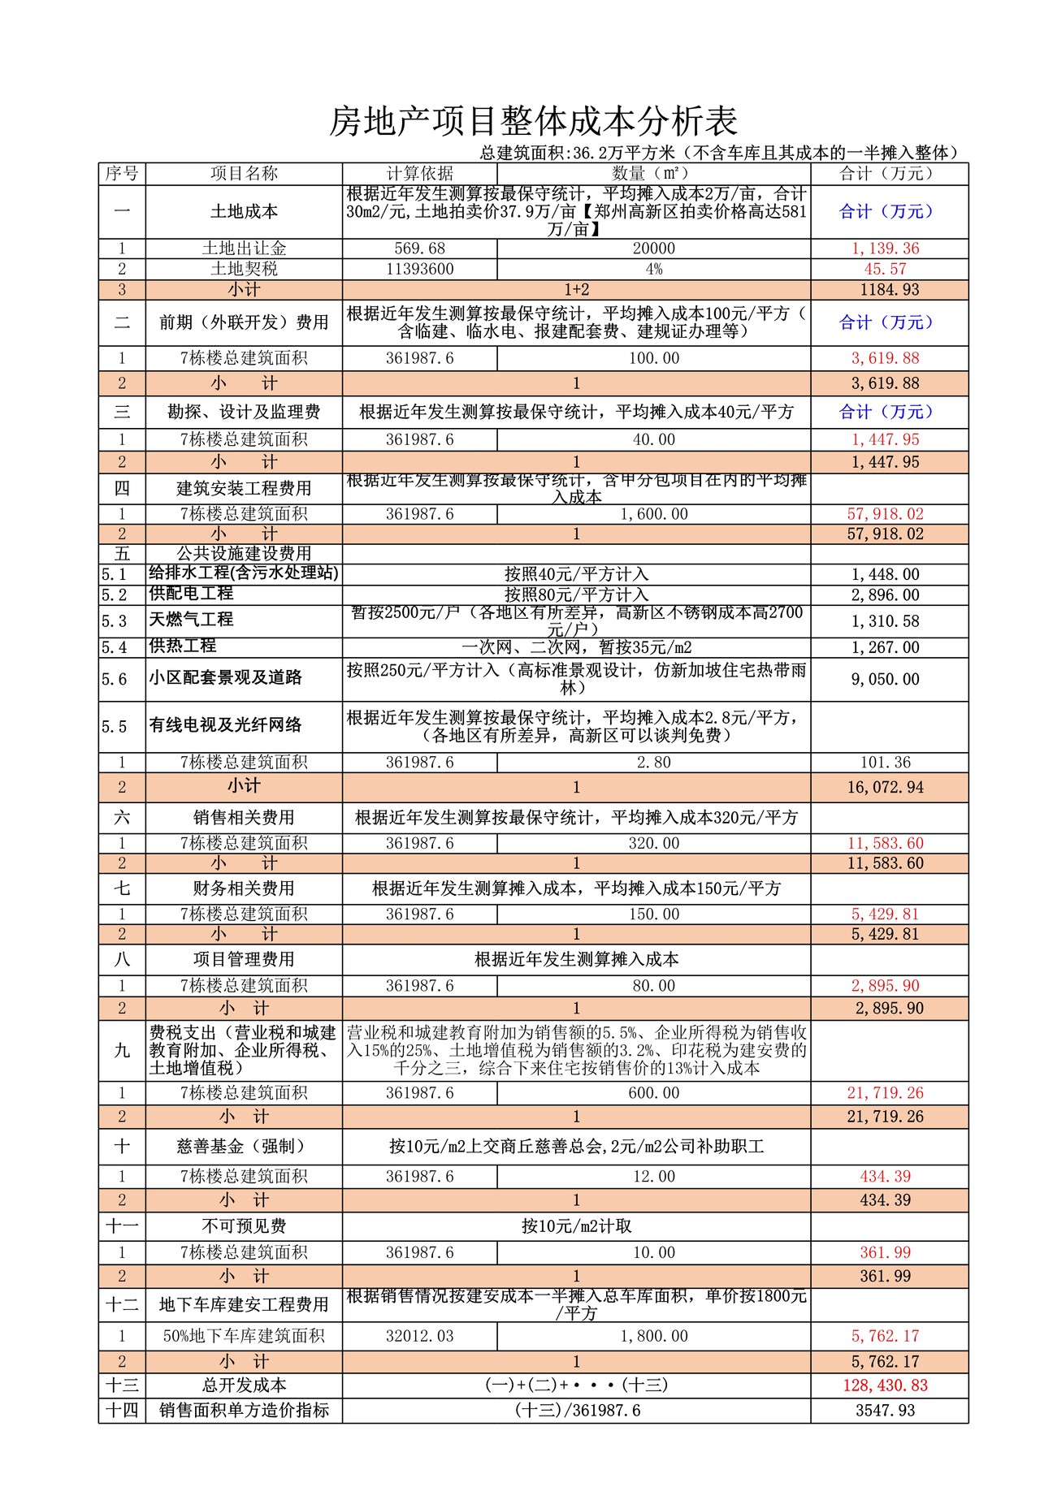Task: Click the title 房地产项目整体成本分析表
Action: [533, 122]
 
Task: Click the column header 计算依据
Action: [419, 173]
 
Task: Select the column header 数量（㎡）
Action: [653, 173]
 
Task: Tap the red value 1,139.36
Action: [885, 249]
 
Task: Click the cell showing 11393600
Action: [419, 269]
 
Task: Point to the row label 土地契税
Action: [244, 269]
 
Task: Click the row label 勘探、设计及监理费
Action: [244, 412]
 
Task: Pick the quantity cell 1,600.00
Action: [653, 514]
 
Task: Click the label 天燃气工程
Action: [191, 620]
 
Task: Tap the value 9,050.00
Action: [885, 679]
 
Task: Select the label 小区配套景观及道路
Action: [225, 678]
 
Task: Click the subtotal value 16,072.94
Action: [885, 787]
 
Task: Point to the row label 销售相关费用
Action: [244, 817]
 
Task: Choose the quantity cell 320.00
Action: [653, 843]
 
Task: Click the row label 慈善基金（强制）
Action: [244, 1146]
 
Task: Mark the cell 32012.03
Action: [419, 1336]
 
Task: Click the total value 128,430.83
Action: [885, 1385]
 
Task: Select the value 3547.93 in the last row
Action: [885, 1411]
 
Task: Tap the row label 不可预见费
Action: [244, 1226]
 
